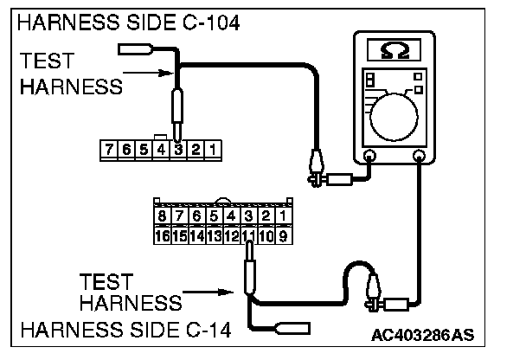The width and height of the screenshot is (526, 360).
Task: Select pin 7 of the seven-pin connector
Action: (x=109, y=150)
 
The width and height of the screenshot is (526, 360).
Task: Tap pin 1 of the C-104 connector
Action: (x=213, y=150)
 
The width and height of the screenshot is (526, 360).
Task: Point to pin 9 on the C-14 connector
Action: (x=285, y=235)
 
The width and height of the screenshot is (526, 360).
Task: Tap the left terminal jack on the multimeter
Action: (x=369, y=157)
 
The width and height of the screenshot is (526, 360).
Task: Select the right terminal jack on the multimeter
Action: (x=420, y=157)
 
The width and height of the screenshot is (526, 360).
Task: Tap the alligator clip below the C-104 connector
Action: (x=315, y=167)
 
